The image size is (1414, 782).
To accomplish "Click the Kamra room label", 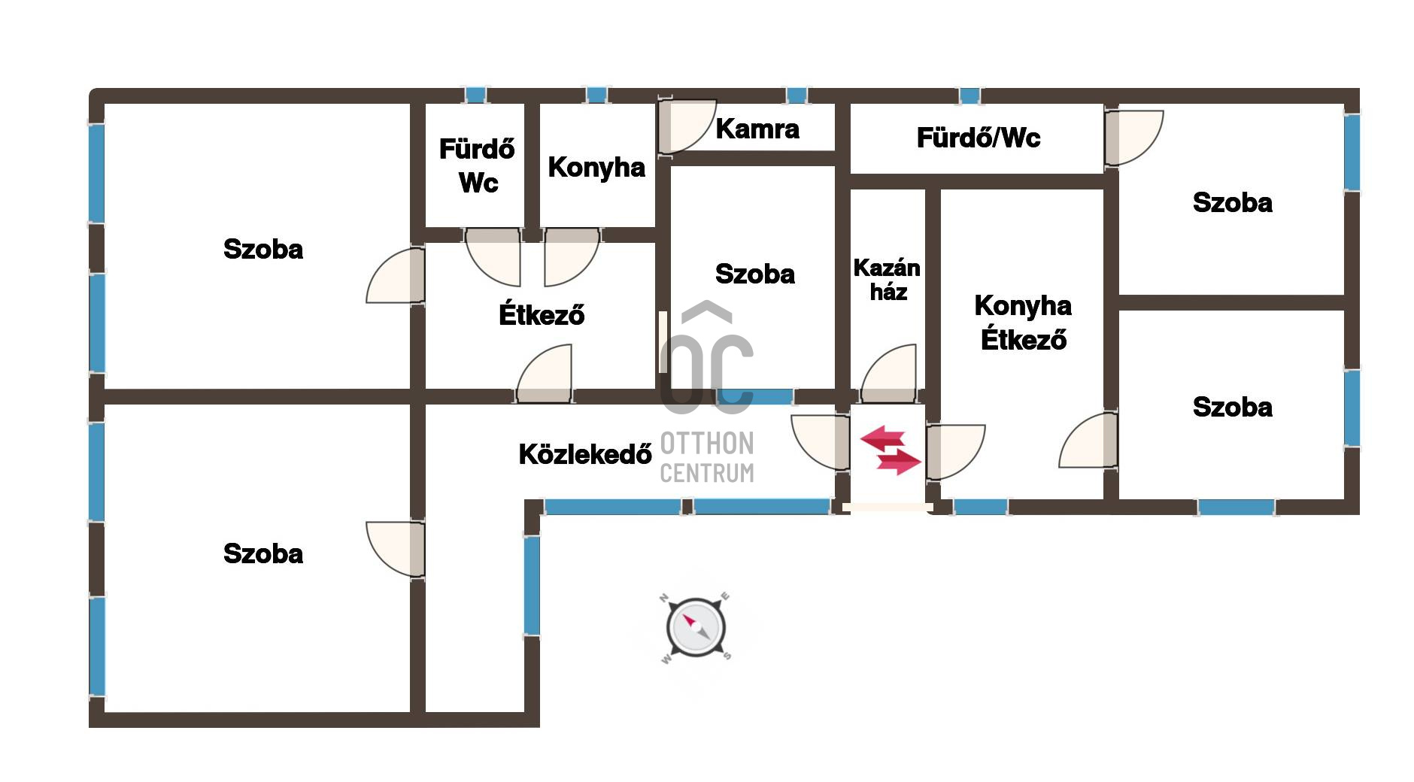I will pyautogui.click(x=757, y=129).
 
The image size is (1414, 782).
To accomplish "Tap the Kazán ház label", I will pyautogui.click(x=887, y=280).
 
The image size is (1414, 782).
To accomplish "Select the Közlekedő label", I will pyautogui.click(x=584, y=454).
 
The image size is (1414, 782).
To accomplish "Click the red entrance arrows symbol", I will pyautogui.click(x=891, y=450).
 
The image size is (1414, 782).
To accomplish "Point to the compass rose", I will pyautogui.click(x=696, y=626).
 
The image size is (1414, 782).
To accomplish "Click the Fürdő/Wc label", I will pyautogui.click(x=978, y=138).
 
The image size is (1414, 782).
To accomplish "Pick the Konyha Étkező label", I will pyautogui.click(x=1023, y=323).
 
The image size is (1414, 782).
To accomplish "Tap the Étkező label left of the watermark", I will pyautogui.click(x=541, y=315).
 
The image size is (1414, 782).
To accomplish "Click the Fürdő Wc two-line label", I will pyautogui.click(x=477, y=166).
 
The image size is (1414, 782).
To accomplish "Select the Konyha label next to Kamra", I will pyautogui.click(x=596, y=168).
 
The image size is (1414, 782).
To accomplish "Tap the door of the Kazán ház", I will pyautogui.click(x=890, y=374).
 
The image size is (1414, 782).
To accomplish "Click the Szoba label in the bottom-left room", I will pyautogui.click(x=263, y=554).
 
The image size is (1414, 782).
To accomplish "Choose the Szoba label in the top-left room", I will pyautogui.click(x=263, y=250).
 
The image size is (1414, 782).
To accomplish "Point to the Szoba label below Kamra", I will pyautogui.click(x=754, y=274).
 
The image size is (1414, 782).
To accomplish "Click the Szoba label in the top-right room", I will pyautogui.click(x=1232, y=203).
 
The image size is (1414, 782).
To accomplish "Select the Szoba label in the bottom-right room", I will pyautogui.click(x=1232, y=408).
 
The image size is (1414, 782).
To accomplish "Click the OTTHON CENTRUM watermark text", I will pyautogui.click(x=706, y=457).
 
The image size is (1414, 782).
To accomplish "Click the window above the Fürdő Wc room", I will pyautogui.click(x=475, y=95).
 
